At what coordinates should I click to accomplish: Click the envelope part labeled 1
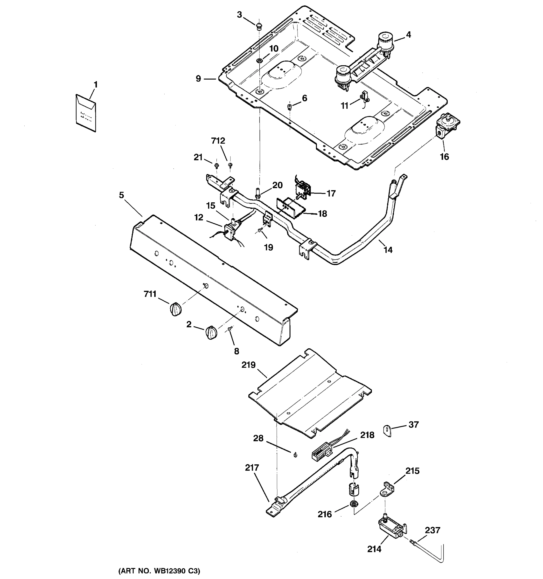[x=86, y=113]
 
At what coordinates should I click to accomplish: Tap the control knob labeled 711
[x=175, y=309]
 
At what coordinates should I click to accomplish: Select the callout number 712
[x=218, y=141]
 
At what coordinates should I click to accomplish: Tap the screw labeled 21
[x=216, y=166]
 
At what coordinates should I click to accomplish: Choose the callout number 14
[x=388, y=250]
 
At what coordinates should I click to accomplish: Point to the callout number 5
[x=121, y=195]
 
